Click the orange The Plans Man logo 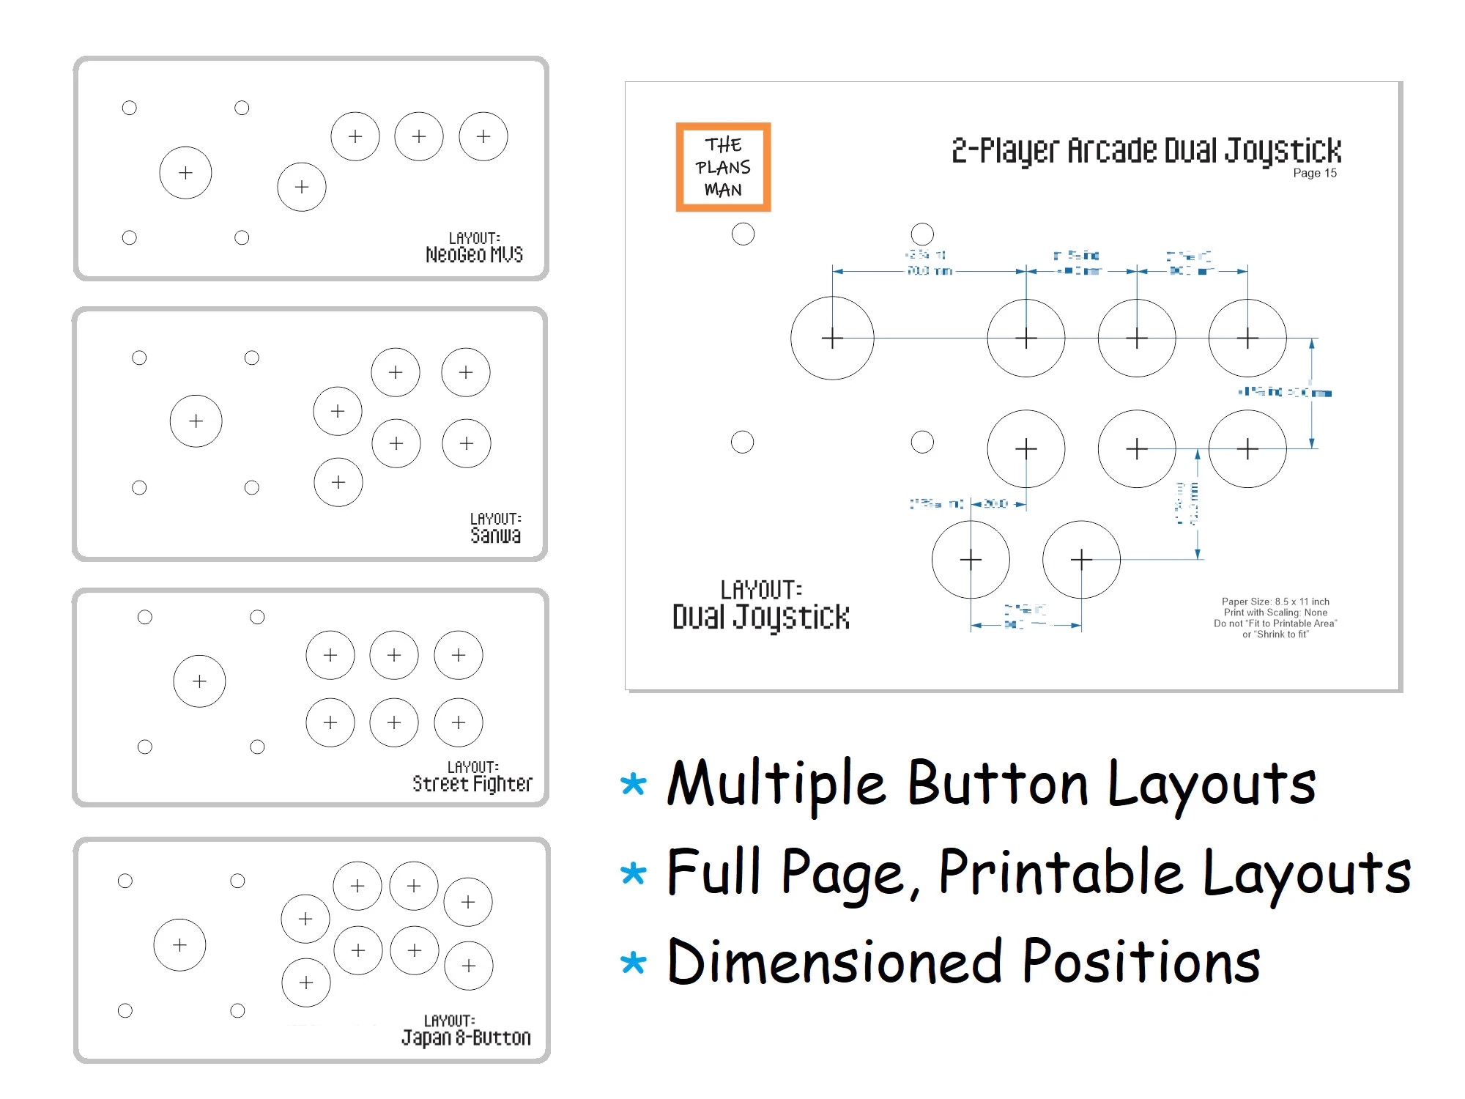coord(723,167)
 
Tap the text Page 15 coord(1314,173)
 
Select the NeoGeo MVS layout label coord(474,254)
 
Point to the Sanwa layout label coord(495,535)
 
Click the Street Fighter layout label coord(472,783)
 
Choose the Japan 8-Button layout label coord(466,1037)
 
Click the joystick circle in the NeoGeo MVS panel coord(185,173)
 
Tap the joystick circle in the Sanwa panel coord(196,421)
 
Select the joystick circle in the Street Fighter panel coord(199,681)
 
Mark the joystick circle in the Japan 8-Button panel coord(179,945)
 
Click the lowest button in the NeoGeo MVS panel coord(302,187)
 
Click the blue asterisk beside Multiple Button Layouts coord(633,785)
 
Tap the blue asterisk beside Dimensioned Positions coord(633,962)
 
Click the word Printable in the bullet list coord(1061,872)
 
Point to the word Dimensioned coord(834,962)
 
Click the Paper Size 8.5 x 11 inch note coord(1275,602)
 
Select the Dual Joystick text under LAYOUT coord(761,617)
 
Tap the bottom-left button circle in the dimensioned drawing coord(971,560)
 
